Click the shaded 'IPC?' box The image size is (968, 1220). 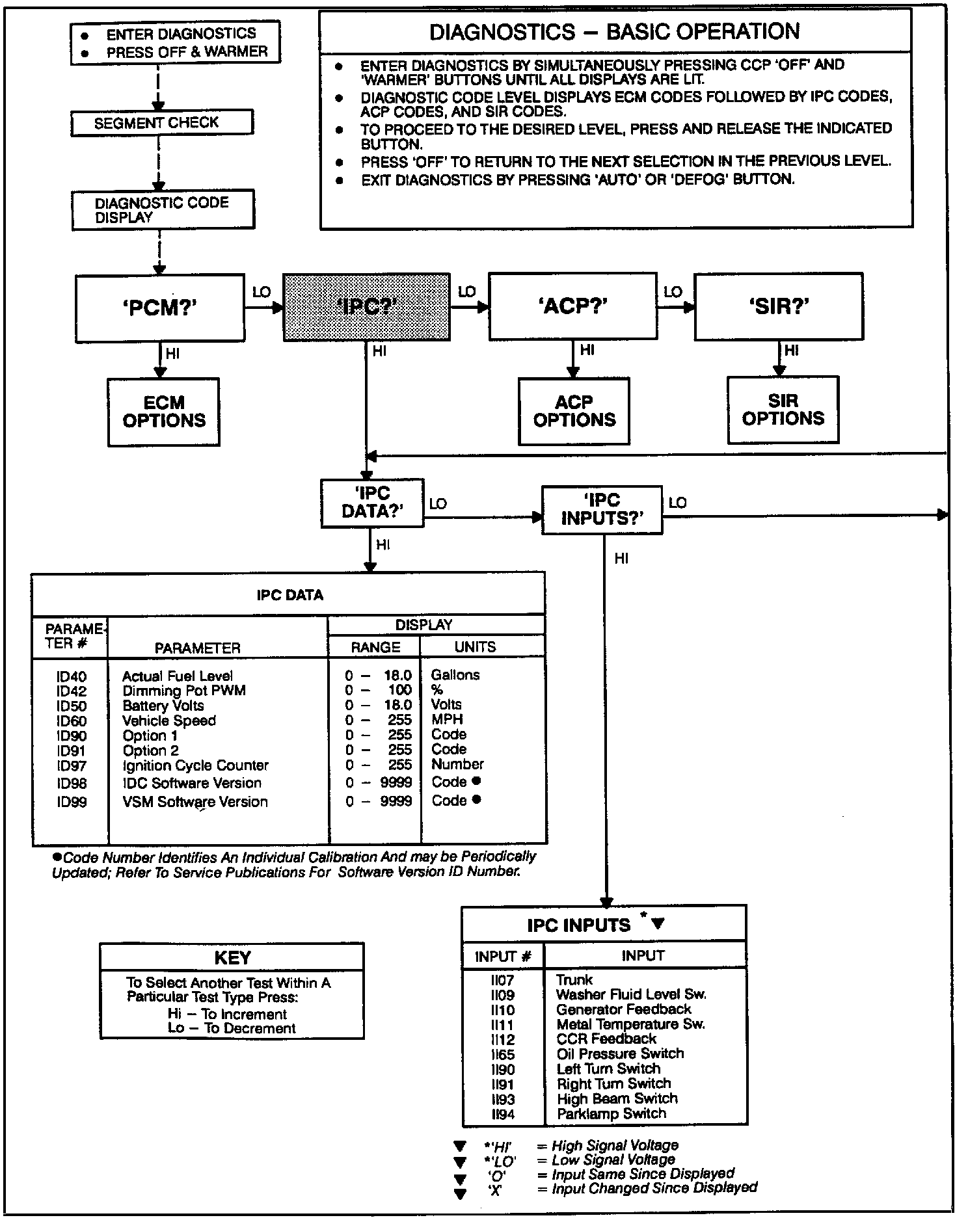pyautogui.click(x=366, y=306)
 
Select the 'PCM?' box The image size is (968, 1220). pyautogui.click(x=160, y=308)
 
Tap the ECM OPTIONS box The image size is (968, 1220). pyautogui.click(x=164, y=412)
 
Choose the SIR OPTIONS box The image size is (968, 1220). pyautogui.click(x=783, y=410)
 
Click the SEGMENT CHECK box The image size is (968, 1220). pyautogui.click(x=161, y=123)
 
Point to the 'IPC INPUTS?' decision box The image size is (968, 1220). pyautogui.click(x=602, y=510)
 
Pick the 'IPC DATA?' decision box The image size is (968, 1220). pyautogui.click(x=372, y=503)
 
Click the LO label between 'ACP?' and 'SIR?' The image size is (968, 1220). pyautogui.click(x=673, y=292)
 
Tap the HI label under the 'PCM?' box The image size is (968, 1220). pyautogui.click(x=172, y=354)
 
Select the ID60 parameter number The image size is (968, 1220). pyautogui.click(x=72, y=721)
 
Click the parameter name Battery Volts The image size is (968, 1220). pyautogui.click(x=163, y=706)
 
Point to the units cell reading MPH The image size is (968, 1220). pyautogui.click(x=447, y=719)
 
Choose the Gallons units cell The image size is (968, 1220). pyautogui.click(x=455, y=675)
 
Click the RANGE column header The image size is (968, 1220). pyautogui.click(x=375, y=647)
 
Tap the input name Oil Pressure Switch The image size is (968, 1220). pyautogui.click(x=620, y=1054)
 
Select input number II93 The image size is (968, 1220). pyautogui.click(x=503, y=1099)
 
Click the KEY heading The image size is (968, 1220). pyautogui.click(x=232, y=957)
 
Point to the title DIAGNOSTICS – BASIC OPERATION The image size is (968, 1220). pyautogui.click(x=615, y=31)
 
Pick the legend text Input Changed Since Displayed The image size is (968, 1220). pyautogui.click(x=654, y=1188)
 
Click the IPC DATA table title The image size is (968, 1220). pyautogui.click(x=289, y=595)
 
